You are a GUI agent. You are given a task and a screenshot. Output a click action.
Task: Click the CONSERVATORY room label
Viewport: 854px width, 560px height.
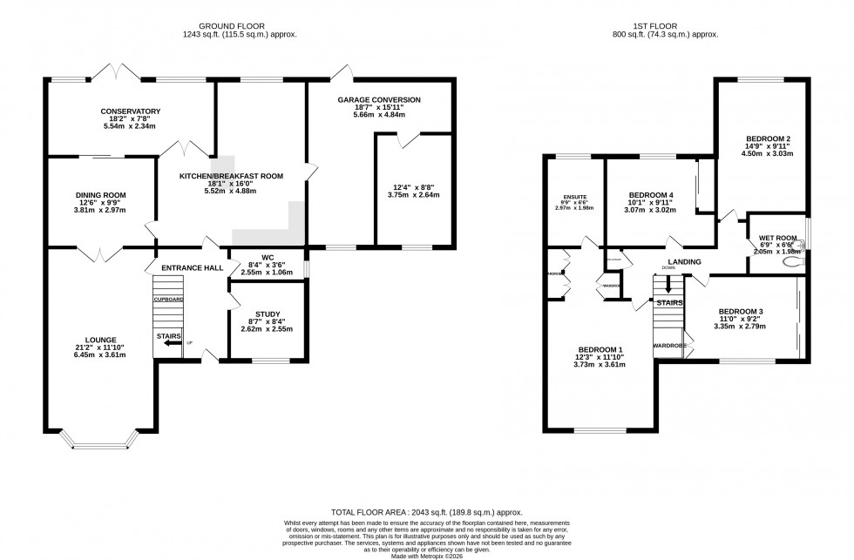pos(130,111)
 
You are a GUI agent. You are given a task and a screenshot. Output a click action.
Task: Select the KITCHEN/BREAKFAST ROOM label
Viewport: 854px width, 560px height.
pos(232,177)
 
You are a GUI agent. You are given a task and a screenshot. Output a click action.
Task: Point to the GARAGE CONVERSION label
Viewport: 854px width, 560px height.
pos(379,100)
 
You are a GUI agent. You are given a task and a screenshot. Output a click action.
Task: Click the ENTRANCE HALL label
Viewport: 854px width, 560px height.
pos(190,267)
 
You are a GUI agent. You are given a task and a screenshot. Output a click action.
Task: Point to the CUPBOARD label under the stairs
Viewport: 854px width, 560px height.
pos(168,299)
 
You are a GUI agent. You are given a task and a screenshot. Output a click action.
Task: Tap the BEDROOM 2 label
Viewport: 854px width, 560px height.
pos(767,138)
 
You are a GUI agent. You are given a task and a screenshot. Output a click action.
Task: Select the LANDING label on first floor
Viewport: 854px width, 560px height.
pos(685,261)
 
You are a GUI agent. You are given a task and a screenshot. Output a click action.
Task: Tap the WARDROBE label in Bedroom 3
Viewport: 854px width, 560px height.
pos(668,346)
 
